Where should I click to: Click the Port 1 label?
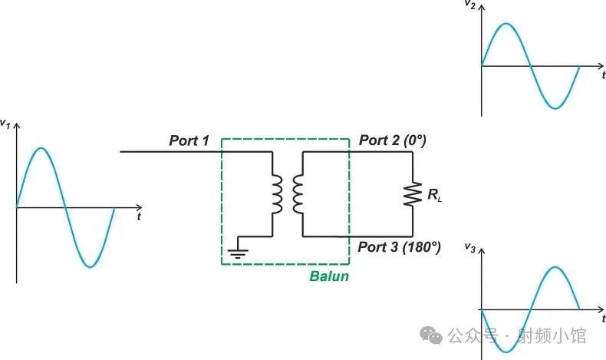click(x=189, y=140)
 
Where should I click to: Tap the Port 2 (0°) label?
click(x=393, y=140)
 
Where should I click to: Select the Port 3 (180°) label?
click(x=399, y=246)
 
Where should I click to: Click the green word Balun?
click(x=329, y=276)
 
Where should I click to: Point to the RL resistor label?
click(x=434, y=195)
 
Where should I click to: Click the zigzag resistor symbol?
click(x=413, y=194)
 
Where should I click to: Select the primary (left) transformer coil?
click(x=277, y=194)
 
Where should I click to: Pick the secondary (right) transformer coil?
click(x=298, y=194)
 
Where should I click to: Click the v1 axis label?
click(x=5, y=124)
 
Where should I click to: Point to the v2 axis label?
click(x=469, y=5)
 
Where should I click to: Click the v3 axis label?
click(x=470, y=247)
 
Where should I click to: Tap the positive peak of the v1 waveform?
click(x=41, y=148)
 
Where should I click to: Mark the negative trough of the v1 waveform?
click(x=90, y=266)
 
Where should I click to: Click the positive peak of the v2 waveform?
click(x=506, y=24)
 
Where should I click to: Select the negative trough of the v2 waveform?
click(x=555, y=108)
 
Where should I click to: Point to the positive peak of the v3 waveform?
click(x=555, y=267)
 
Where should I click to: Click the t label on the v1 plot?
click(x=139, y=216)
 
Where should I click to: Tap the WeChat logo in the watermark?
click(x=431, y=335)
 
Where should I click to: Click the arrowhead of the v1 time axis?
click(x=140, y=208)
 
